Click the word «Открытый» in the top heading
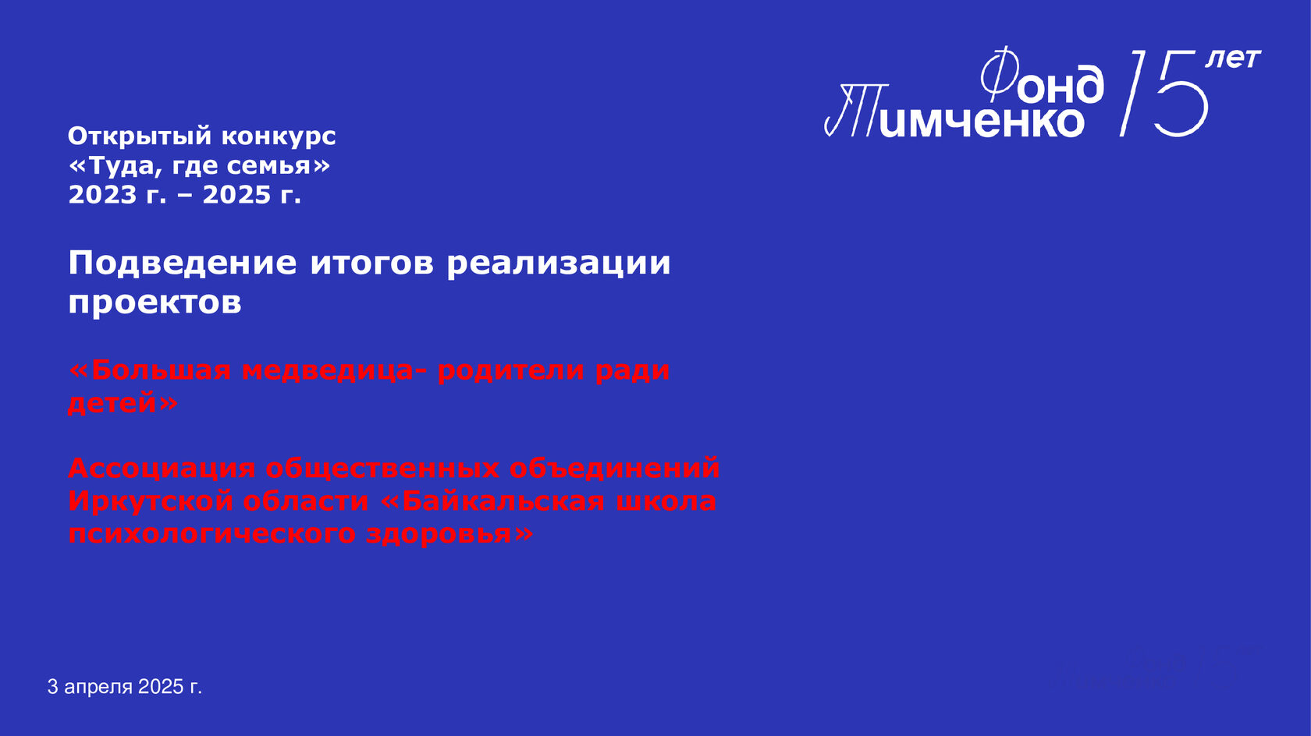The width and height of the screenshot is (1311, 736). (x=139, y=137)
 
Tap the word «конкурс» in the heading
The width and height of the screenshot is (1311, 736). (x=279, y=136)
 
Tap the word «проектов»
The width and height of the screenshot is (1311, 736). (x=155, y=303)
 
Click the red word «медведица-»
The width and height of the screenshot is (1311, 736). (x=334, y=371)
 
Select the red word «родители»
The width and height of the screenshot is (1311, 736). (x=511, y=371)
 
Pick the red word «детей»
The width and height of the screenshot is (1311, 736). (x=113, y=403)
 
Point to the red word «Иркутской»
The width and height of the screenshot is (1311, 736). (x=151, y=501)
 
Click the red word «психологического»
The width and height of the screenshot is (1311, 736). (x=212, y=534)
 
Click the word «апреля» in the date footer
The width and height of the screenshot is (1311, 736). (x=98, y=688)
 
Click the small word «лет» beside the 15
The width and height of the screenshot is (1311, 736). (x=1233, y=58)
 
